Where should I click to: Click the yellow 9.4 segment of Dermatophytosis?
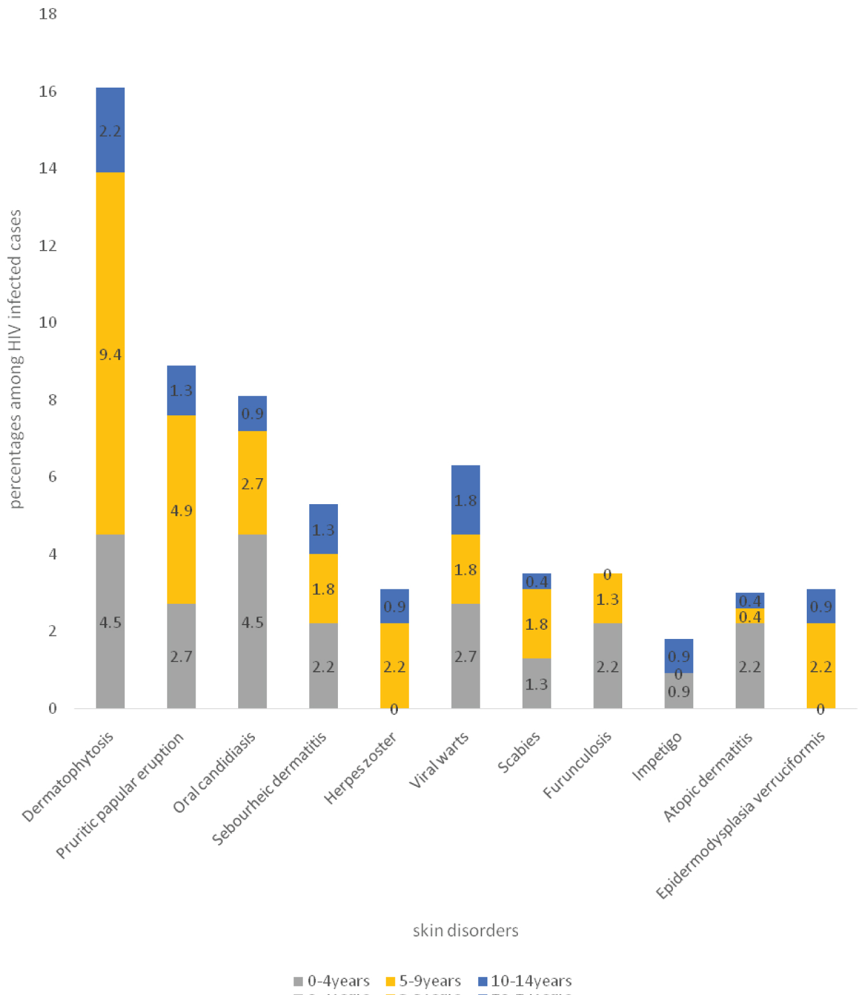click(x=110, y=353)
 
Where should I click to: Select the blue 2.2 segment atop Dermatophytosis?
click(x=110, y=130)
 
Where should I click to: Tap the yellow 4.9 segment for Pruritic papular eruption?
click(x=181, y=509)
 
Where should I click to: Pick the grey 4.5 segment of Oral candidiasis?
click(x=253, y=621)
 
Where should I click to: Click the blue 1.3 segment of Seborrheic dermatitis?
click(x=324, y=529)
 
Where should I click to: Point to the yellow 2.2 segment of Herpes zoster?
click(x=394, y=665)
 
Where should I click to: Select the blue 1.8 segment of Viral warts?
click(x=465, y=500)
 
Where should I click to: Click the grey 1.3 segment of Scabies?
click(x=537, y=683)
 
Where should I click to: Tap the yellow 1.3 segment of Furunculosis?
click(x=608, y=599)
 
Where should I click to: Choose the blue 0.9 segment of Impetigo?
click(x=679, y=656)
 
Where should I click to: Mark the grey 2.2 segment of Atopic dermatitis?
click(x=750, y=665)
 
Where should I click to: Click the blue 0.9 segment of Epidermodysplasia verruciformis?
click(x=821, y=606)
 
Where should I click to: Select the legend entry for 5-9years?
click(x=423, y=981)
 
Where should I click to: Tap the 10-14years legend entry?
click(x=525, y=981)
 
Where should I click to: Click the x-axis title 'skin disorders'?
click(x=465, y=930)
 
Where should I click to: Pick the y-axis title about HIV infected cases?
click(x=16, y=359)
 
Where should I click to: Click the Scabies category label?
click(x=519, y=752)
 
